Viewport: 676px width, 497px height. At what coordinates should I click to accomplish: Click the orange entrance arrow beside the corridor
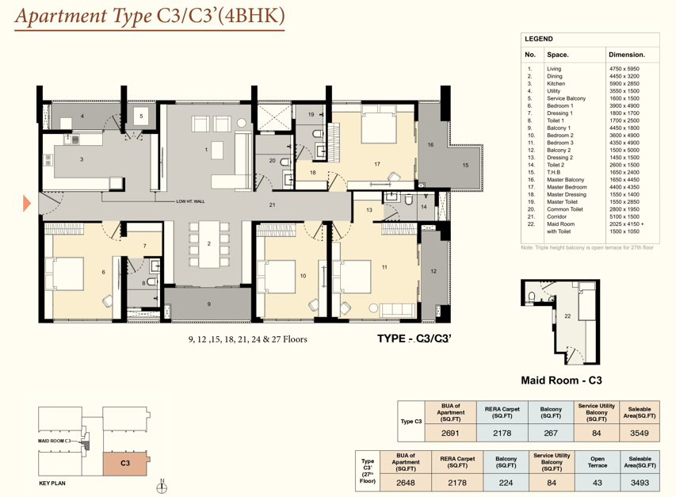[x=27, y=203]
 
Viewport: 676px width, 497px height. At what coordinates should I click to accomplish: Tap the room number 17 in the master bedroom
[x=377, y=164]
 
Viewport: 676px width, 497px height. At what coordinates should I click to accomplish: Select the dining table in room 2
[x=208, y=244]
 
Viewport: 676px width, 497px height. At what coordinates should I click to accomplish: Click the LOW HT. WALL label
[x=190, y=201]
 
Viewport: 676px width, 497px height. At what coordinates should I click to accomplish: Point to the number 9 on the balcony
[x=209, y=304]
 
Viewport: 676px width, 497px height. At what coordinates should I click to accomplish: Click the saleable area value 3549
[x=640, y=434]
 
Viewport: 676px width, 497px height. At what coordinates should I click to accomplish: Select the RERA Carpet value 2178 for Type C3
[x=502, y=434]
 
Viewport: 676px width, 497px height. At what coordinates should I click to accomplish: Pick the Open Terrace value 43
[x=597, y=483]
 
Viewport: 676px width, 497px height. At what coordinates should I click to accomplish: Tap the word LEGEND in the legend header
[x=538, y=39]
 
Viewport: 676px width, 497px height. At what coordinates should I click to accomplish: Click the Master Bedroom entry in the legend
[x=567, y=187]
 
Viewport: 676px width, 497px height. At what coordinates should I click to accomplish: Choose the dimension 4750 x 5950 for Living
[x=624, y=68]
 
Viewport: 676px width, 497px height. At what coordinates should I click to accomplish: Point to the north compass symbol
[x=162, y=487]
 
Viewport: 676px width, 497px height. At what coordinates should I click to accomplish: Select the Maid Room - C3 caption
[x=561, y=380]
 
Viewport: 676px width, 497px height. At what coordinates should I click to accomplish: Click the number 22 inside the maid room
[x=567, y=316]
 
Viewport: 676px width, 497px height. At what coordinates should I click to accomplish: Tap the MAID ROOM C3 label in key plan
[x=54, y=441]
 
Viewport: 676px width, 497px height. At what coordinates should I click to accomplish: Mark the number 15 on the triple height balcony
[x=465, y=165]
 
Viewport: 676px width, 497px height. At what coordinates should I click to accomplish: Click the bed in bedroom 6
[x=64, y=273]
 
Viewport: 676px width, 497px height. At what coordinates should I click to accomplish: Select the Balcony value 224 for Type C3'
[x=506, y=483]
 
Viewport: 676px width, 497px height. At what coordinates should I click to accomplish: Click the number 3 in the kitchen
[x=82, y=159]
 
